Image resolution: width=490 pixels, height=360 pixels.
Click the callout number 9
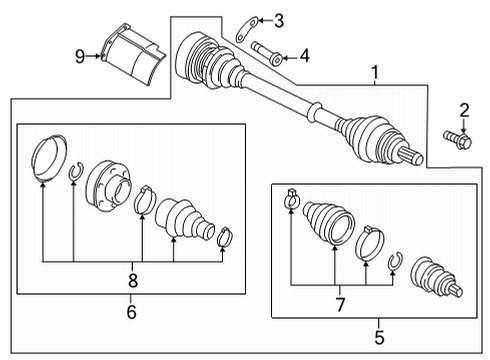click(x=80, y=56)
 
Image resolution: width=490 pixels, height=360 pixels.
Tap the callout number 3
click(x=279, y=21)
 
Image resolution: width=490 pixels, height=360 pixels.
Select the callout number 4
click(x=305, y=56)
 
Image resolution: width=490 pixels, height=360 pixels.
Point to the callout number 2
click(x=464, y=110)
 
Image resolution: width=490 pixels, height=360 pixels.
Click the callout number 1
click(x=375, y=73)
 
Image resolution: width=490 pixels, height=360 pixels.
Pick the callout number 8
click(x=133, y=280)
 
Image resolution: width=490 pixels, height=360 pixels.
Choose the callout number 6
click(x=131, y=312)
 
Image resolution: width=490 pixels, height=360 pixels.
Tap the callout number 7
click(x=340, y=305)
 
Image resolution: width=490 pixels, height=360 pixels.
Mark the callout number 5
click(x=379, y=337)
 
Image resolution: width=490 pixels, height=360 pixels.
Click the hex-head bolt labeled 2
click(x=458, y=140)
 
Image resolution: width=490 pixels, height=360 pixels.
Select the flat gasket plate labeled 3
click(x=247, y=29)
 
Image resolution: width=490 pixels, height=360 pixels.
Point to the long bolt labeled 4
click(x=267, y=54)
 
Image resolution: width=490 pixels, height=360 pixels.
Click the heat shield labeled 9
click(x=133, y=54)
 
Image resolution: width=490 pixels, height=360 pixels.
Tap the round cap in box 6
click(x=49, y=158)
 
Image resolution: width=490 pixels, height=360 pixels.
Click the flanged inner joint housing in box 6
click(x=108, y=186)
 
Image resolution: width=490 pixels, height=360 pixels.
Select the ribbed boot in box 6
click(x=184, y=219)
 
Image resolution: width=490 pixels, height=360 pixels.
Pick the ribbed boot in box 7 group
click(x=329, y=222)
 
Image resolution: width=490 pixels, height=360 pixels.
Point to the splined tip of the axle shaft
click(x=413, y=156)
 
